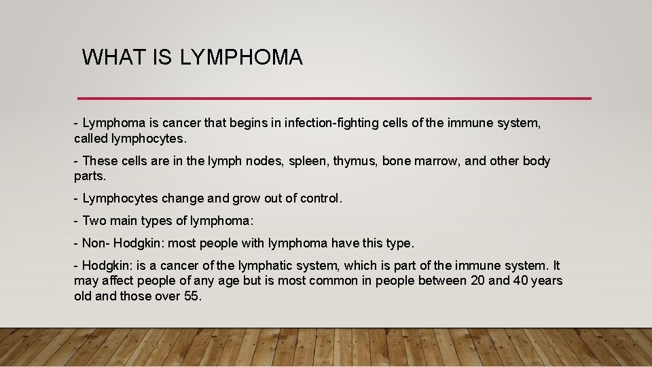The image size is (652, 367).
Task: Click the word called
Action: [x=90, y=139]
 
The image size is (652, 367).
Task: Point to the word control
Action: [x=320, y=198]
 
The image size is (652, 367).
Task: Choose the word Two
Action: [x=94, y=221]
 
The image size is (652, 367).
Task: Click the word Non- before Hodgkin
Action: [x=96, y=243]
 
